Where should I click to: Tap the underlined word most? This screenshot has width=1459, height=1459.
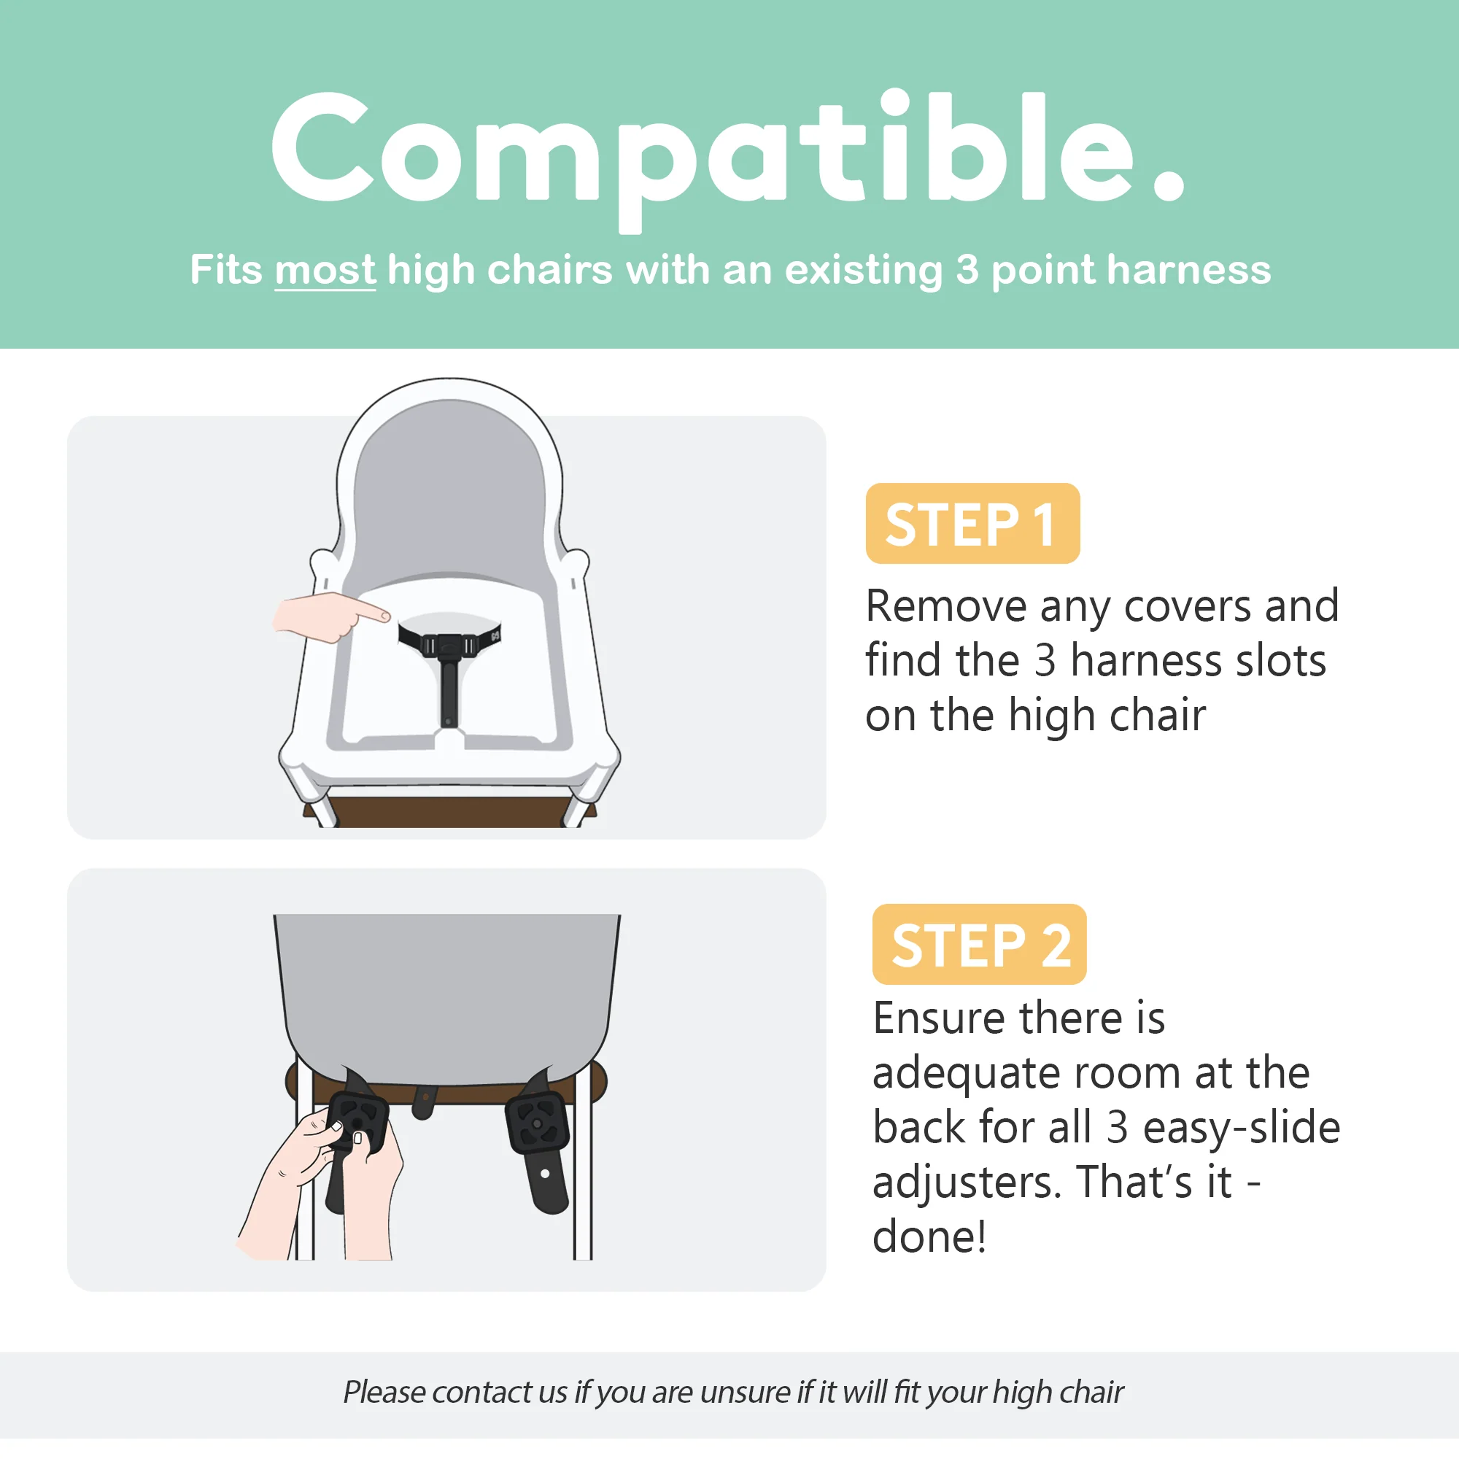tap(325, 271)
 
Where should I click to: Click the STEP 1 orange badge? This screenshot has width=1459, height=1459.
tap(972, 523)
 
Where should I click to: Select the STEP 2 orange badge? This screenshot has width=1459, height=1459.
tap(979, 944)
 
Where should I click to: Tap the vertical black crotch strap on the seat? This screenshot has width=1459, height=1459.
tap(449, 691)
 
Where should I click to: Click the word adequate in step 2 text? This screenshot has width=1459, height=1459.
tap(966, 1073)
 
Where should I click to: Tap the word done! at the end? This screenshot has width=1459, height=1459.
tap(929, 1237)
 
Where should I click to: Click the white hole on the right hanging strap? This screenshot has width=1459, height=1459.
tap(545, 1174)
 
